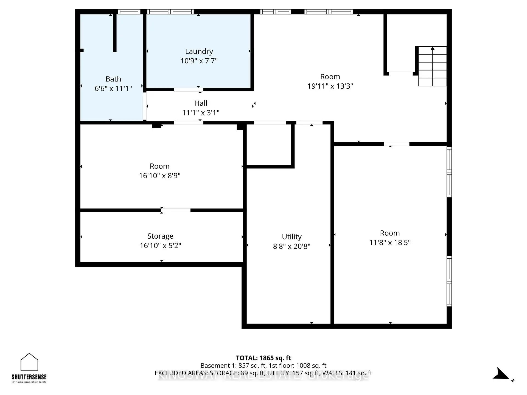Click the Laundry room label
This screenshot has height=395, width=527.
click(x=199, y=51)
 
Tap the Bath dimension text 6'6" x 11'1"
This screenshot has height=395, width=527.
click(x=113, y=88)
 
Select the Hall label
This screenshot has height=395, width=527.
click(x=201, y=103)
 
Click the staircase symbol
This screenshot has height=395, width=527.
click(x=432, y=66)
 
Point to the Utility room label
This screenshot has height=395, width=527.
click(x=291, y=236)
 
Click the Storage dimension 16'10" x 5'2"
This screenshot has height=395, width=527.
click(x=160, y=246)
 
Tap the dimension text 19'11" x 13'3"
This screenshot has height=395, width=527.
click(x=330, y=86)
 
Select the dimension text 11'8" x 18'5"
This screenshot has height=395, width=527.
click(x=390, y=242)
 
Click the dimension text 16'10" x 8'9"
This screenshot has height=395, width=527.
click(x=159, y=176)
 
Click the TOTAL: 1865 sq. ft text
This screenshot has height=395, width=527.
click(x=263, y=358)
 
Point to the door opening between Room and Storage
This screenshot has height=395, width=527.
click(x=176, y=210)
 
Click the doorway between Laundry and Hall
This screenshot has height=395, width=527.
click(x=188, y=90)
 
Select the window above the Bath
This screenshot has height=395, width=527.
click(x=129, y=12)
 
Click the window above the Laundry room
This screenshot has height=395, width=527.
click(x=170, y=12)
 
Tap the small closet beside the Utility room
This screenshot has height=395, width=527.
click(x=269, y=145)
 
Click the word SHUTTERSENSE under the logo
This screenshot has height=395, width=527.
click(x=29, y=377)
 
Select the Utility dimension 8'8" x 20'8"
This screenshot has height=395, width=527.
click(x=291, y=246)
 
